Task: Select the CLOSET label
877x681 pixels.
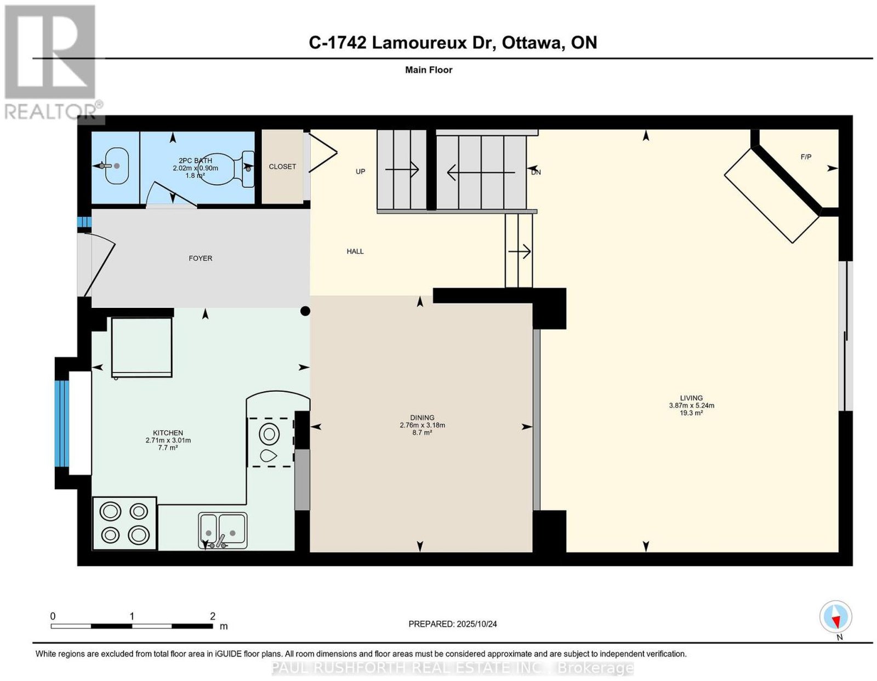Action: (x=282, y=167)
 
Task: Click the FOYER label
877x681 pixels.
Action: (x=200, y=258)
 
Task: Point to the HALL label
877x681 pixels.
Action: (x=355, y=251)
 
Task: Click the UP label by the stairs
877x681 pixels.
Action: (x=361, y=171)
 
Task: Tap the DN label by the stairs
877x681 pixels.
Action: (x=536, y=172)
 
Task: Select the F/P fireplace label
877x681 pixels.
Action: (x=806, y=157)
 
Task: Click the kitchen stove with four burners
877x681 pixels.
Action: (x=124, y=523)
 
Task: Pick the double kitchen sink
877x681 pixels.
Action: (x=223, y=530)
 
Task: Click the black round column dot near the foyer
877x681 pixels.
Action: (x=305, y=311)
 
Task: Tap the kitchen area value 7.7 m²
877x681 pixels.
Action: (x=168, y=448)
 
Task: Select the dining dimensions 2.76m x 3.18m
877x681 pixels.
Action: (x=422, y=425)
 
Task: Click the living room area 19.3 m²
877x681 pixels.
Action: (x=691, y=413)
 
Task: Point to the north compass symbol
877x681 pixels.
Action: (x=835, y=617)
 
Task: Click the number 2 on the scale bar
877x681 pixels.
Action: (x=213, y=616)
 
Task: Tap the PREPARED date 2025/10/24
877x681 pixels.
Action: (x=477, y=624)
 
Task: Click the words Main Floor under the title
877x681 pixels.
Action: (x=429, y=70)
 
